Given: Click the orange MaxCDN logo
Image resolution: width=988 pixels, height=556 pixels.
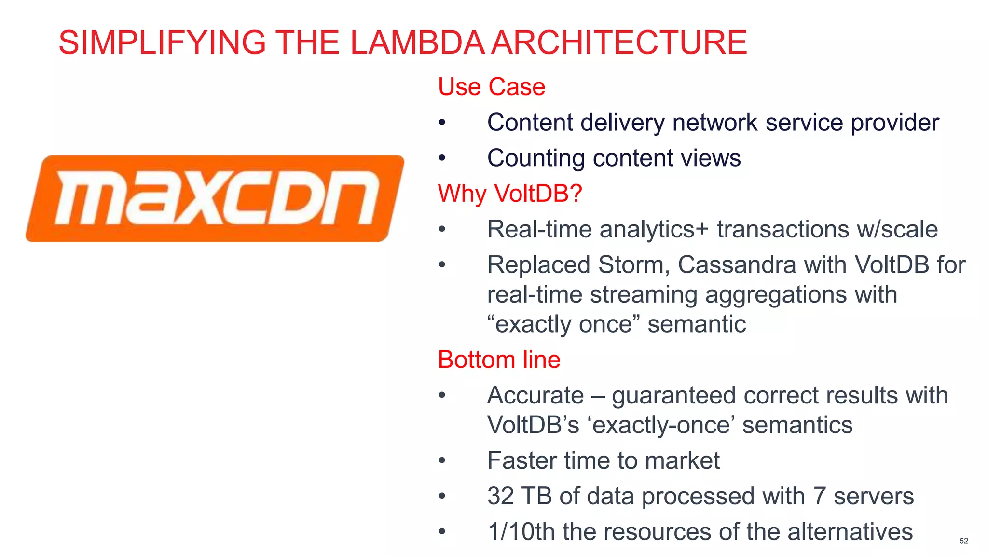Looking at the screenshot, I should (215, 198).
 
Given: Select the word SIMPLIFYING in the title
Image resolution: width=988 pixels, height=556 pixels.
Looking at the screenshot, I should (162, 42).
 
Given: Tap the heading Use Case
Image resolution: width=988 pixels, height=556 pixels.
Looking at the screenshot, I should (491, 87).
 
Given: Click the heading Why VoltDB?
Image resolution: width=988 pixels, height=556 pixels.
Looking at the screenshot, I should (510, 194).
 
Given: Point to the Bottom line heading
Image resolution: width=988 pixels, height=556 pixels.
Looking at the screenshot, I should (499, 360).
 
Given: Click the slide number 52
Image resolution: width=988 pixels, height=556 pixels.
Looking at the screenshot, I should (963, 541).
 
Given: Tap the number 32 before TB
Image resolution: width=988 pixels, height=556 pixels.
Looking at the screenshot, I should (500, 496).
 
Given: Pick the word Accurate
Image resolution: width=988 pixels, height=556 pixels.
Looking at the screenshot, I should (535, 395).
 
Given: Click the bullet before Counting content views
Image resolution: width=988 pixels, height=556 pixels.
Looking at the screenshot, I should (442, 158).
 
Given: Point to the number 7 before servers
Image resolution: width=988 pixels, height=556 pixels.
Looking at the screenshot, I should (819, 496).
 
